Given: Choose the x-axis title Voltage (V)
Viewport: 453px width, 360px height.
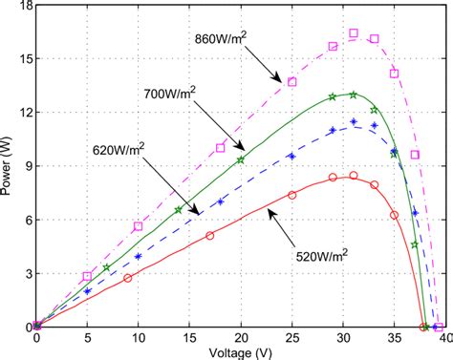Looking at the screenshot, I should point(241,351).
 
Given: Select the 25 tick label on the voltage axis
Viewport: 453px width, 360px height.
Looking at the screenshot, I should point(291,338).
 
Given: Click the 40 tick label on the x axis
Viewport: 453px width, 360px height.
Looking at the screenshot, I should point(444,338).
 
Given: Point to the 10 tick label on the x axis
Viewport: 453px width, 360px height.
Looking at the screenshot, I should point(139,338).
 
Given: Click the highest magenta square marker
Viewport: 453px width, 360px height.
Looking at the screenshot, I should point(354,33).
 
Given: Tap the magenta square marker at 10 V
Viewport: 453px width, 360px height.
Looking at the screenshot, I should point(139,226).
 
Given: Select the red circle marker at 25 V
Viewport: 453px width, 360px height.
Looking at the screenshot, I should point(291,195).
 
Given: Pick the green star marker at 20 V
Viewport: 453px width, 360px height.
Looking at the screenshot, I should point(241,160).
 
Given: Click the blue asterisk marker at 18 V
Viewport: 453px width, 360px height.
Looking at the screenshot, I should point(220,201).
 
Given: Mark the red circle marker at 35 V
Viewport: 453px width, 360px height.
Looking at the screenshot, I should point(394,215).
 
